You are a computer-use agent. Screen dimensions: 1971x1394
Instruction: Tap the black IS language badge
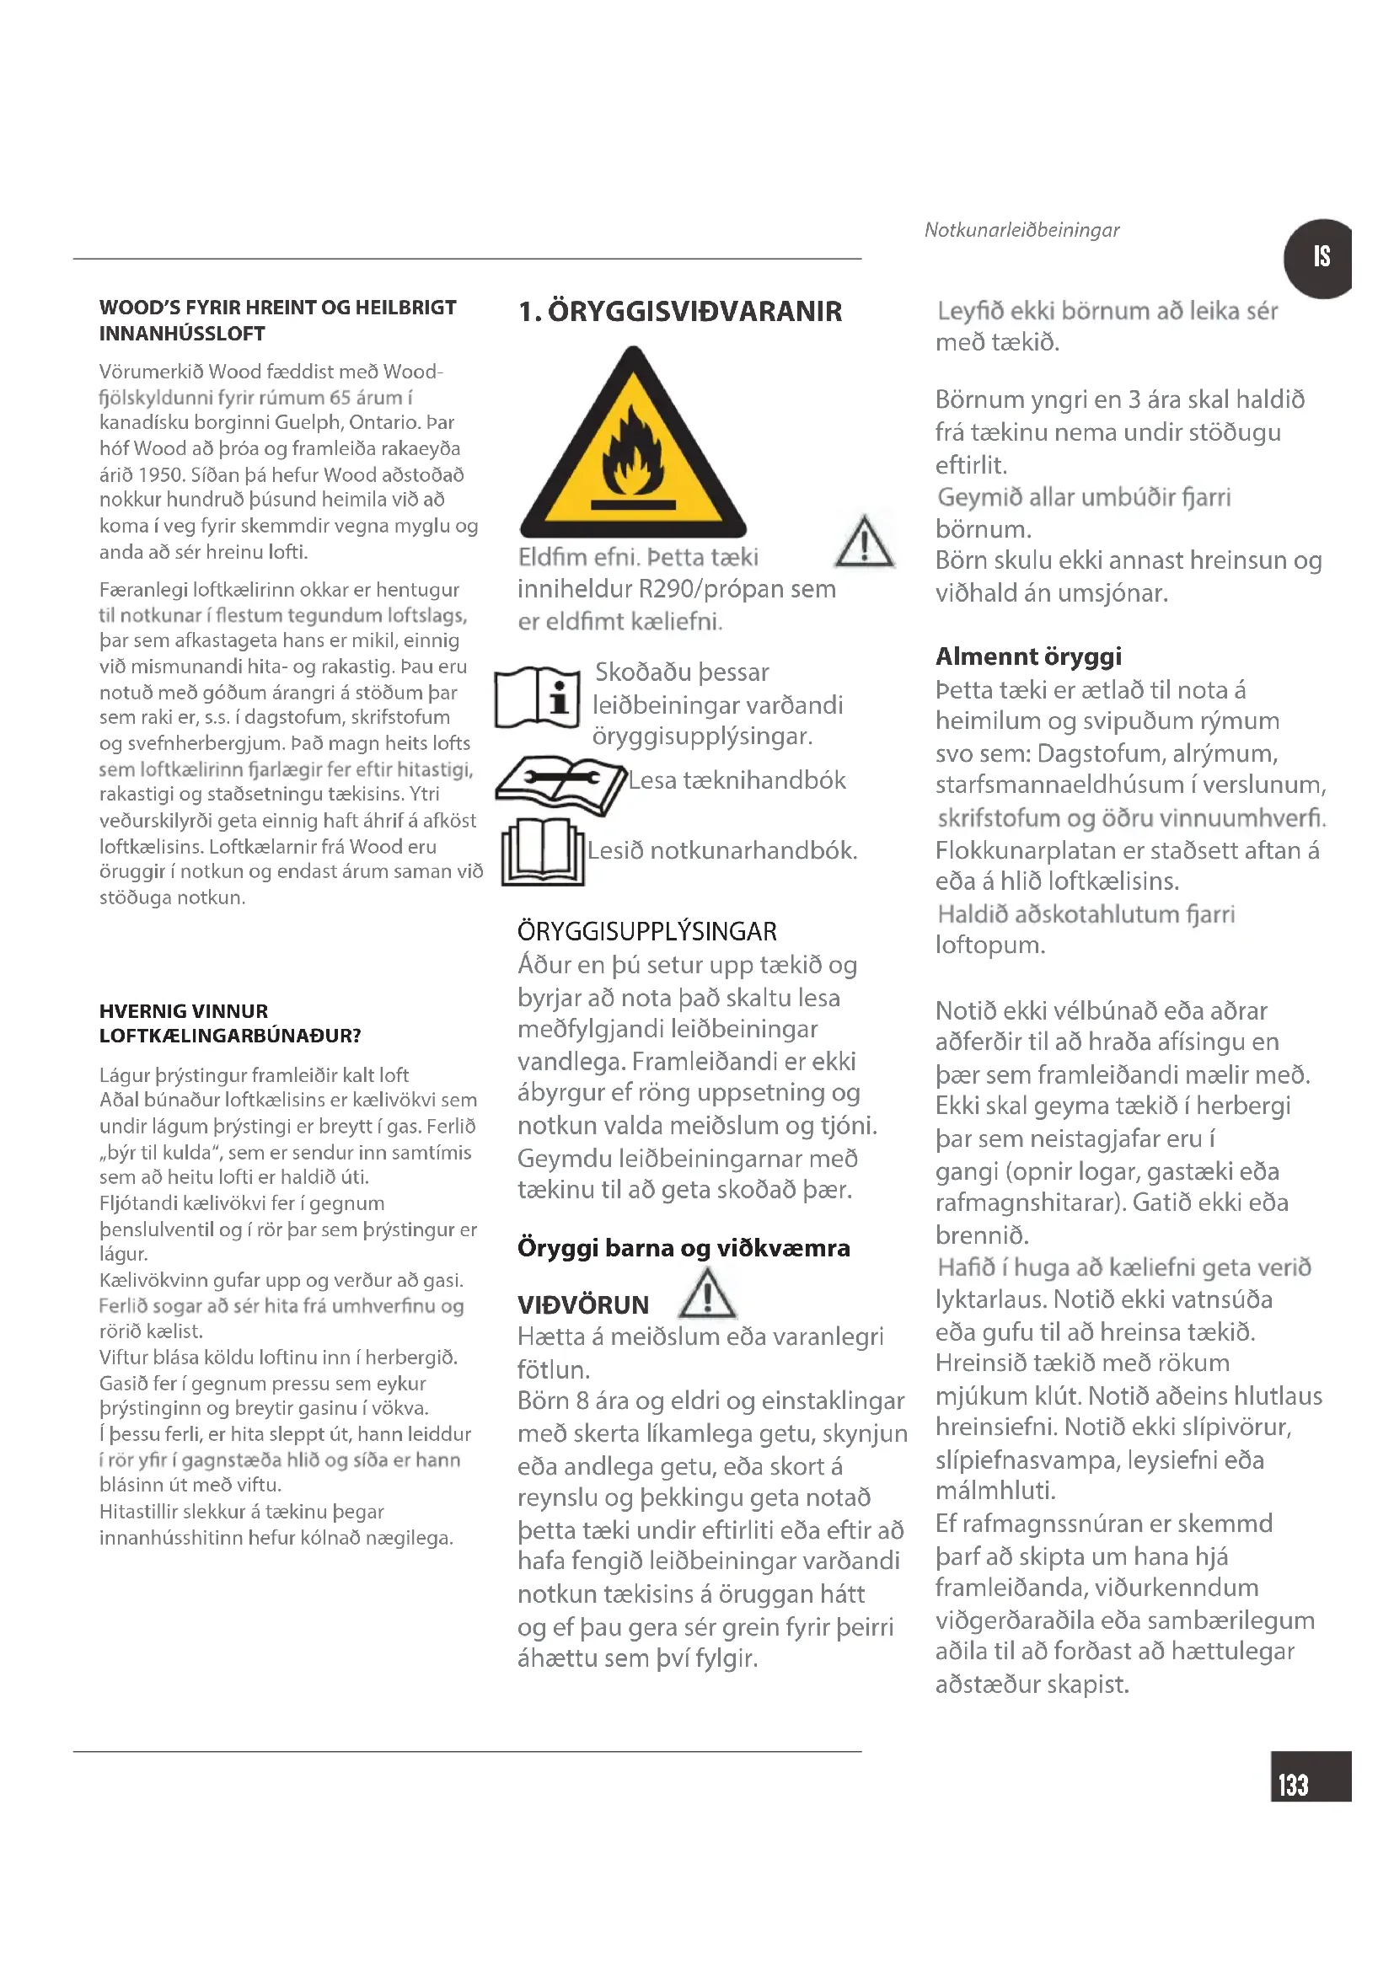coord(1319,258)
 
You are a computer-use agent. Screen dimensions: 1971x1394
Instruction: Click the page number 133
coord(1294,1786)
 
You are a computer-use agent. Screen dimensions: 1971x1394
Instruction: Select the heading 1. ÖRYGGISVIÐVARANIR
coord(680,312)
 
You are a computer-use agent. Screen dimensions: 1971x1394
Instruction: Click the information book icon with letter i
coord(538,697)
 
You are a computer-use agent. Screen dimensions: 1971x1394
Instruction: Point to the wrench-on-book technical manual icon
coord(560,783)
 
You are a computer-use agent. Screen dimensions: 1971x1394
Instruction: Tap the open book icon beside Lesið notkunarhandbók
coord(543,852)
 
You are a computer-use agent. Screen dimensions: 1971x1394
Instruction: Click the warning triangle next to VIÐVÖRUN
coord(706,1295)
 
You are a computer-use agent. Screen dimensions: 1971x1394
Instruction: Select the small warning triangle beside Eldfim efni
coord(865,544)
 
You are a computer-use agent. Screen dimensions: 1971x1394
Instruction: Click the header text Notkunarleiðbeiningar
coord(1021,230)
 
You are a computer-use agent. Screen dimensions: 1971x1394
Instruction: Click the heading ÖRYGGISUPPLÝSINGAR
coord(646,931)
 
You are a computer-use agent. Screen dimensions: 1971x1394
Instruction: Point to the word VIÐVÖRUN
coord(583,1304)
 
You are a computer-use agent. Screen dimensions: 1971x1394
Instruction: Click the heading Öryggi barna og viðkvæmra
coord(684,1248)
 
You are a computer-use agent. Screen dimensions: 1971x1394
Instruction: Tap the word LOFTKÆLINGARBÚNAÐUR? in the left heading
coord(230,1036)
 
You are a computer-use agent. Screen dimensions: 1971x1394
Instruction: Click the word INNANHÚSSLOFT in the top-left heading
coord(182,334)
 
